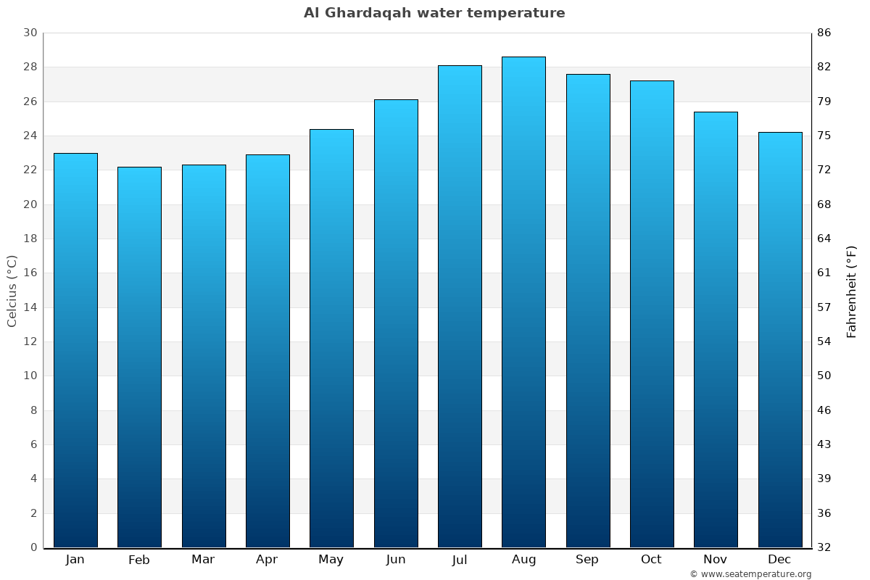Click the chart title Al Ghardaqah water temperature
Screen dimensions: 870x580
coord(434,13)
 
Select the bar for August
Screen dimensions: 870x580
coord(523,302)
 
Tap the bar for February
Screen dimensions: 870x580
coord(139,357)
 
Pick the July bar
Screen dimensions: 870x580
coord(460,306)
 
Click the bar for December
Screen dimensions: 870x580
coord(780,339)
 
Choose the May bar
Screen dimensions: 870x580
coord(331,338)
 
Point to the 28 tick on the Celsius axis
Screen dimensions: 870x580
coord(30,67)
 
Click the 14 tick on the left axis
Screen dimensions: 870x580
coord(30,307)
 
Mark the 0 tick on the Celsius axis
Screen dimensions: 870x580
coord(33,547)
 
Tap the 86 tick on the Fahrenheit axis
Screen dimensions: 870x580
coord(824,33)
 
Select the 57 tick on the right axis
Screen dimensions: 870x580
coord(824,307)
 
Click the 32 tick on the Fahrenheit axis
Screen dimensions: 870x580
coord(824,547)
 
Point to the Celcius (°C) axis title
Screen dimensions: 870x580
coord(12,290)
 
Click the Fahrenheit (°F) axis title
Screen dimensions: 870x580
coord(852,291)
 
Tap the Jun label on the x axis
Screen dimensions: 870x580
coord(396,560)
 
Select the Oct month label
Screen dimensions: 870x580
coord(651,560)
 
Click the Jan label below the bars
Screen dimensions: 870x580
coord(75,560)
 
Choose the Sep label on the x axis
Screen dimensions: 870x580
coord(587,560)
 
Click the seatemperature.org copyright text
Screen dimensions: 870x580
coord(750,574)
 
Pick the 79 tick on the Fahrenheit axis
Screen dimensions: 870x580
coord(824,101)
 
